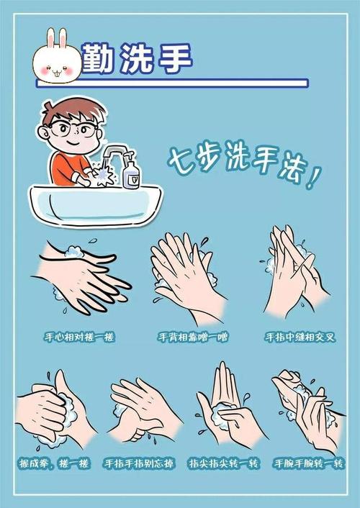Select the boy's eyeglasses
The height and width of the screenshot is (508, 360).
(x=74, y=130)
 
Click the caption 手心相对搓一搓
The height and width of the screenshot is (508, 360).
(x=80, y=337)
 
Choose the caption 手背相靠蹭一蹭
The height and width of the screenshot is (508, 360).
(x=192, y=337)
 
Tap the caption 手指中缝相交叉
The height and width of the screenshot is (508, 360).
(x=301, y=337)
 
